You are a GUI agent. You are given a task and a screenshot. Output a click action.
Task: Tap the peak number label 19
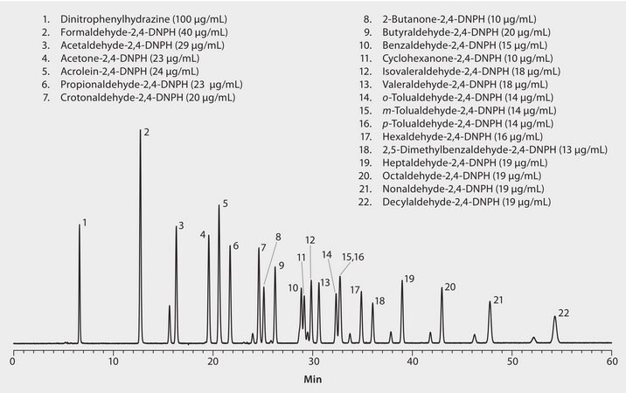pos(408,279)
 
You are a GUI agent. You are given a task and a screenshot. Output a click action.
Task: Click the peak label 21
pos(498,300)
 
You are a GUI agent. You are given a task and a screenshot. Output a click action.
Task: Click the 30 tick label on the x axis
pos(312,359)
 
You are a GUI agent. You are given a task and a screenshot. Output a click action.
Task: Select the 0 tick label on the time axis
pos(13,359)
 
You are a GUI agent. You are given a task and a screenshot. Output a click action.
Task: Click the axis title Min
pos(312,381)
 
